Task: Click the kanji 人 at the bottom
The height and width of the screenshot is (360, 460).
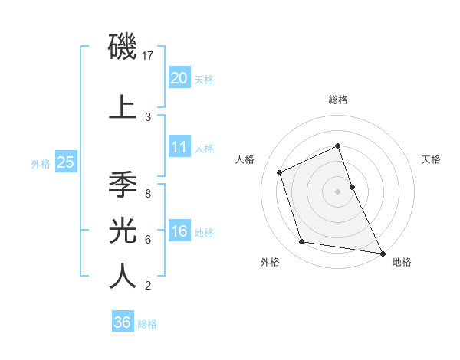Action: (123, 276)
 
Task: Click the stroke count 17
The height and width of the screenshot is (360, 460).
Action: (149, 55)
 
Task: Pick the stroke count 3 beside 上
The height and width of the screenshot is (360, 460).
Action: (148, 116)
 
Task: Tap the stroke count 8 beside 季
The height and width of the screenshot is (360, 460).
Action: (148, 193)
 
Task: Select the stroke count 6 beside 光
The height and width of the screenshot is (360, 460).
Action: (148, 239)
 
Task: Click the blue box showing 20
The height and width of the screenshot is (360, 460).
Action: (179, 77)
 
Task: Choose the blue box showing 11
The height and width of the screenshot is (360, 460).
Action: (179, 147)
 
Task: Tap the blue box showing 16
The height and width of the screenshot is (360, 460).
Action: (179, 232)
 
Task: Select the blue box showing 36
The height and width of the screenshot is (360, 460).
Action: (123, 322)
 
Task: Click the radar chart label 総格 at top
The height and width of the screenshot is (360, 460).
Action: (338, 100)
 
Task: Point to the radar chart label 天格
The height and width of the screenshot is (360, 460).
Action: (431, 159)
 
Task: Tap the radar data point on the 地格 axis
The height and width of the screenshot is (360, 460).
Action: (382, 252)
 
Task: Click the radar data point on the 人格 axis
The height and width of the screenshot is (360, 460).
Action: (280, 172)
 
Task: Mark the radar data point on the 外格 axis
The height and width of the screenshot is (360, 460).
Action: (302, 242)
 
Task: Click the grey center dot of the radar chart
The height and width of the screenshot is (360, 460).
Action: (338, 191)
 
